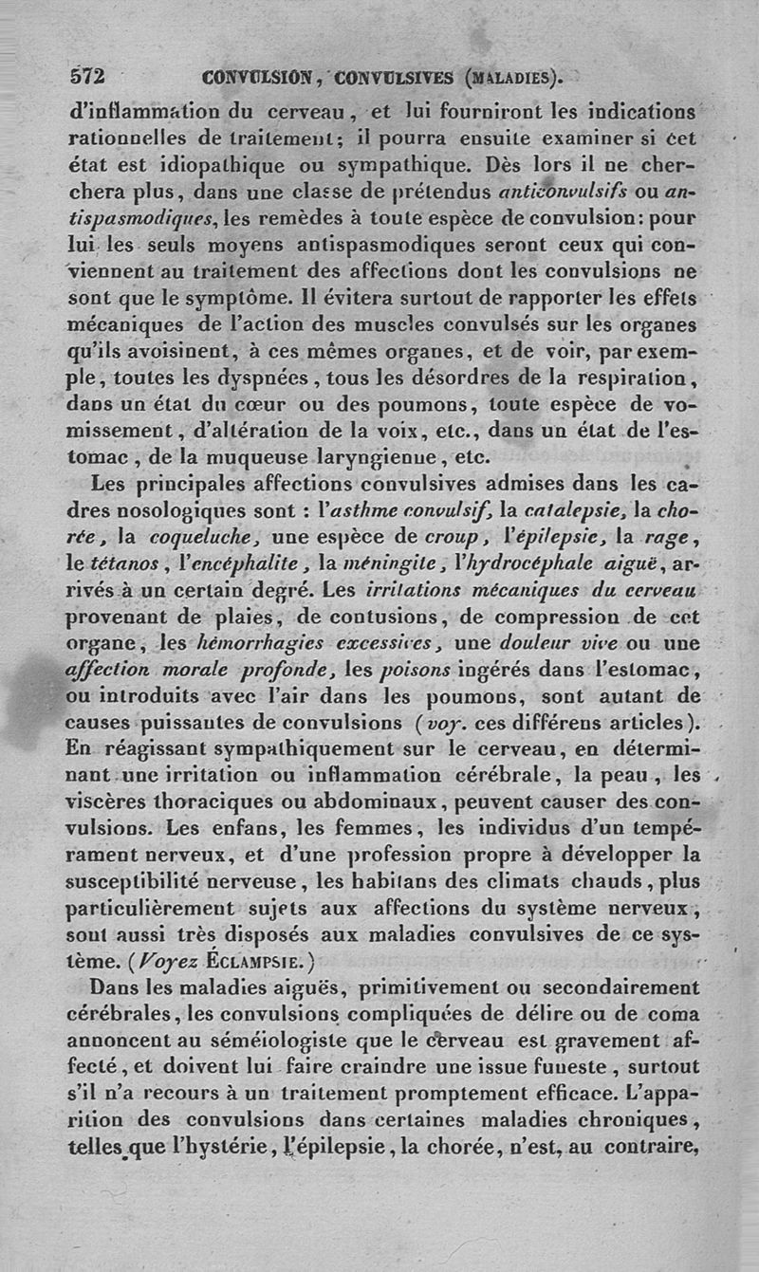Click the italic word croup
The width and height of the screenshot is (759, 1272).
coord(450,537)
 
